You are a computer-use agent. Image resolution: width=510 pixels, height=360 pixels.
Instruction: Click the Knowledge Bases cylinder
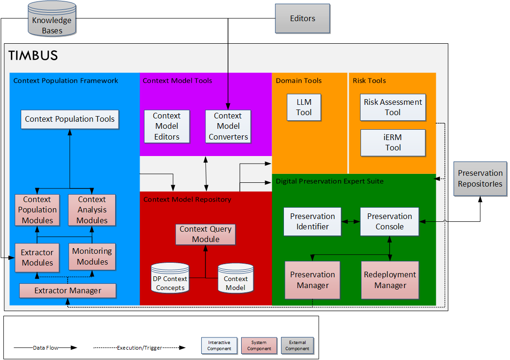click(52, 19)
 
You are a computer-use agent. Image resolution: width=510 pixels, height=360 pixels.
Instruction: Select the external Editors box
click(302, 19)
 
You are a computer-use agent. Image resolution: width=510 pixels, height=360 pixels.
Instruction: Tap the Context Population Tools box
click(70, 119)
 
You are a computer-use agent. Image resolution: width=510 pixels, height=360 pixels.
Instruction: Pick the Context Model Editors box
click(166, 126)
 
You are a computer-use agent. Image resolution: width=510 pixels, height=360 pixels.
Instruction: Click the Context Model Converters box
click(228, 126)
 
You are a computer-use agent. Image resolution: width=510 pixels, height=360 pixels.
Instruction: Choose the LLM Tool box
click(304, 107)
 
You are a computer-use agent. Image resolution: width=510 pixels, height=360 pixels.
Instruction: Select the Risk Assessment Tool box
click(392, 107)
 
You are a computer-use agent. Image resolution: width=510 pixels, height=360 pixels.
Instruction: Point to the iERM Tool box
click(392, 142)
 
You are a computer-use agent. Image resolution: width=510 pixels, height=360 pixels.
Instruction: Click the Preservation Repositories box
click(480, 179)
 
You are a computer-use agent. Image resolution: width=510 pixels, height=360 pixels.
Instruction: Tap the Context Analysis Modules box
click(92, 210)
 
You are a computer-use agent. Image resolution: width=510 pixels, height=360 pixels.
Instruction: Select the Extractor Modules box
click(37, 258)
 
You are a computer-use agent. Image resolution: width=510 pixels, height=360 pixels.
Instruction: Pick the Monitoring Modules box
click(92, 257)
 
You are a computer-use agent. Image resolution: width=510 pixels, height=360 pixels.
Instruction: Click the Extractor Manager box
click(68, 291)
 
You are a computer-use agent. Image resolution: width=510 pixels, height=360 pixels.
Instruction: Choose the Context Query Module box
click(205, 234)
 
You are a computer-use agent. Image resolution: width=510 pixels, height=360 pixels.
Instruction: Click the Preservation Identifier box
click(312, 221)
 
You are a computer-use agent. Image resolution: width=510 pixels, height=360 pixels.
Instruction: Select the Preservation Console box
click(389, 221)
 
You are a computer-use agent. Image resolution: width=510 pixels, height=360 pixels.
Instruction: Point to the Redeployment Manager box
click(390, 280)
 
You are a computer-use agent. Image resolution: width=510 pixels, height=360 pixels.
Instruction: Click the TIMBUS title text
click(33, 55)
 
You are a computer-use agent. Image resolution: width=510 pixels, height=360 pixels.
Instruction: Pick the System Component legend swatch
click(259, 345)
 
